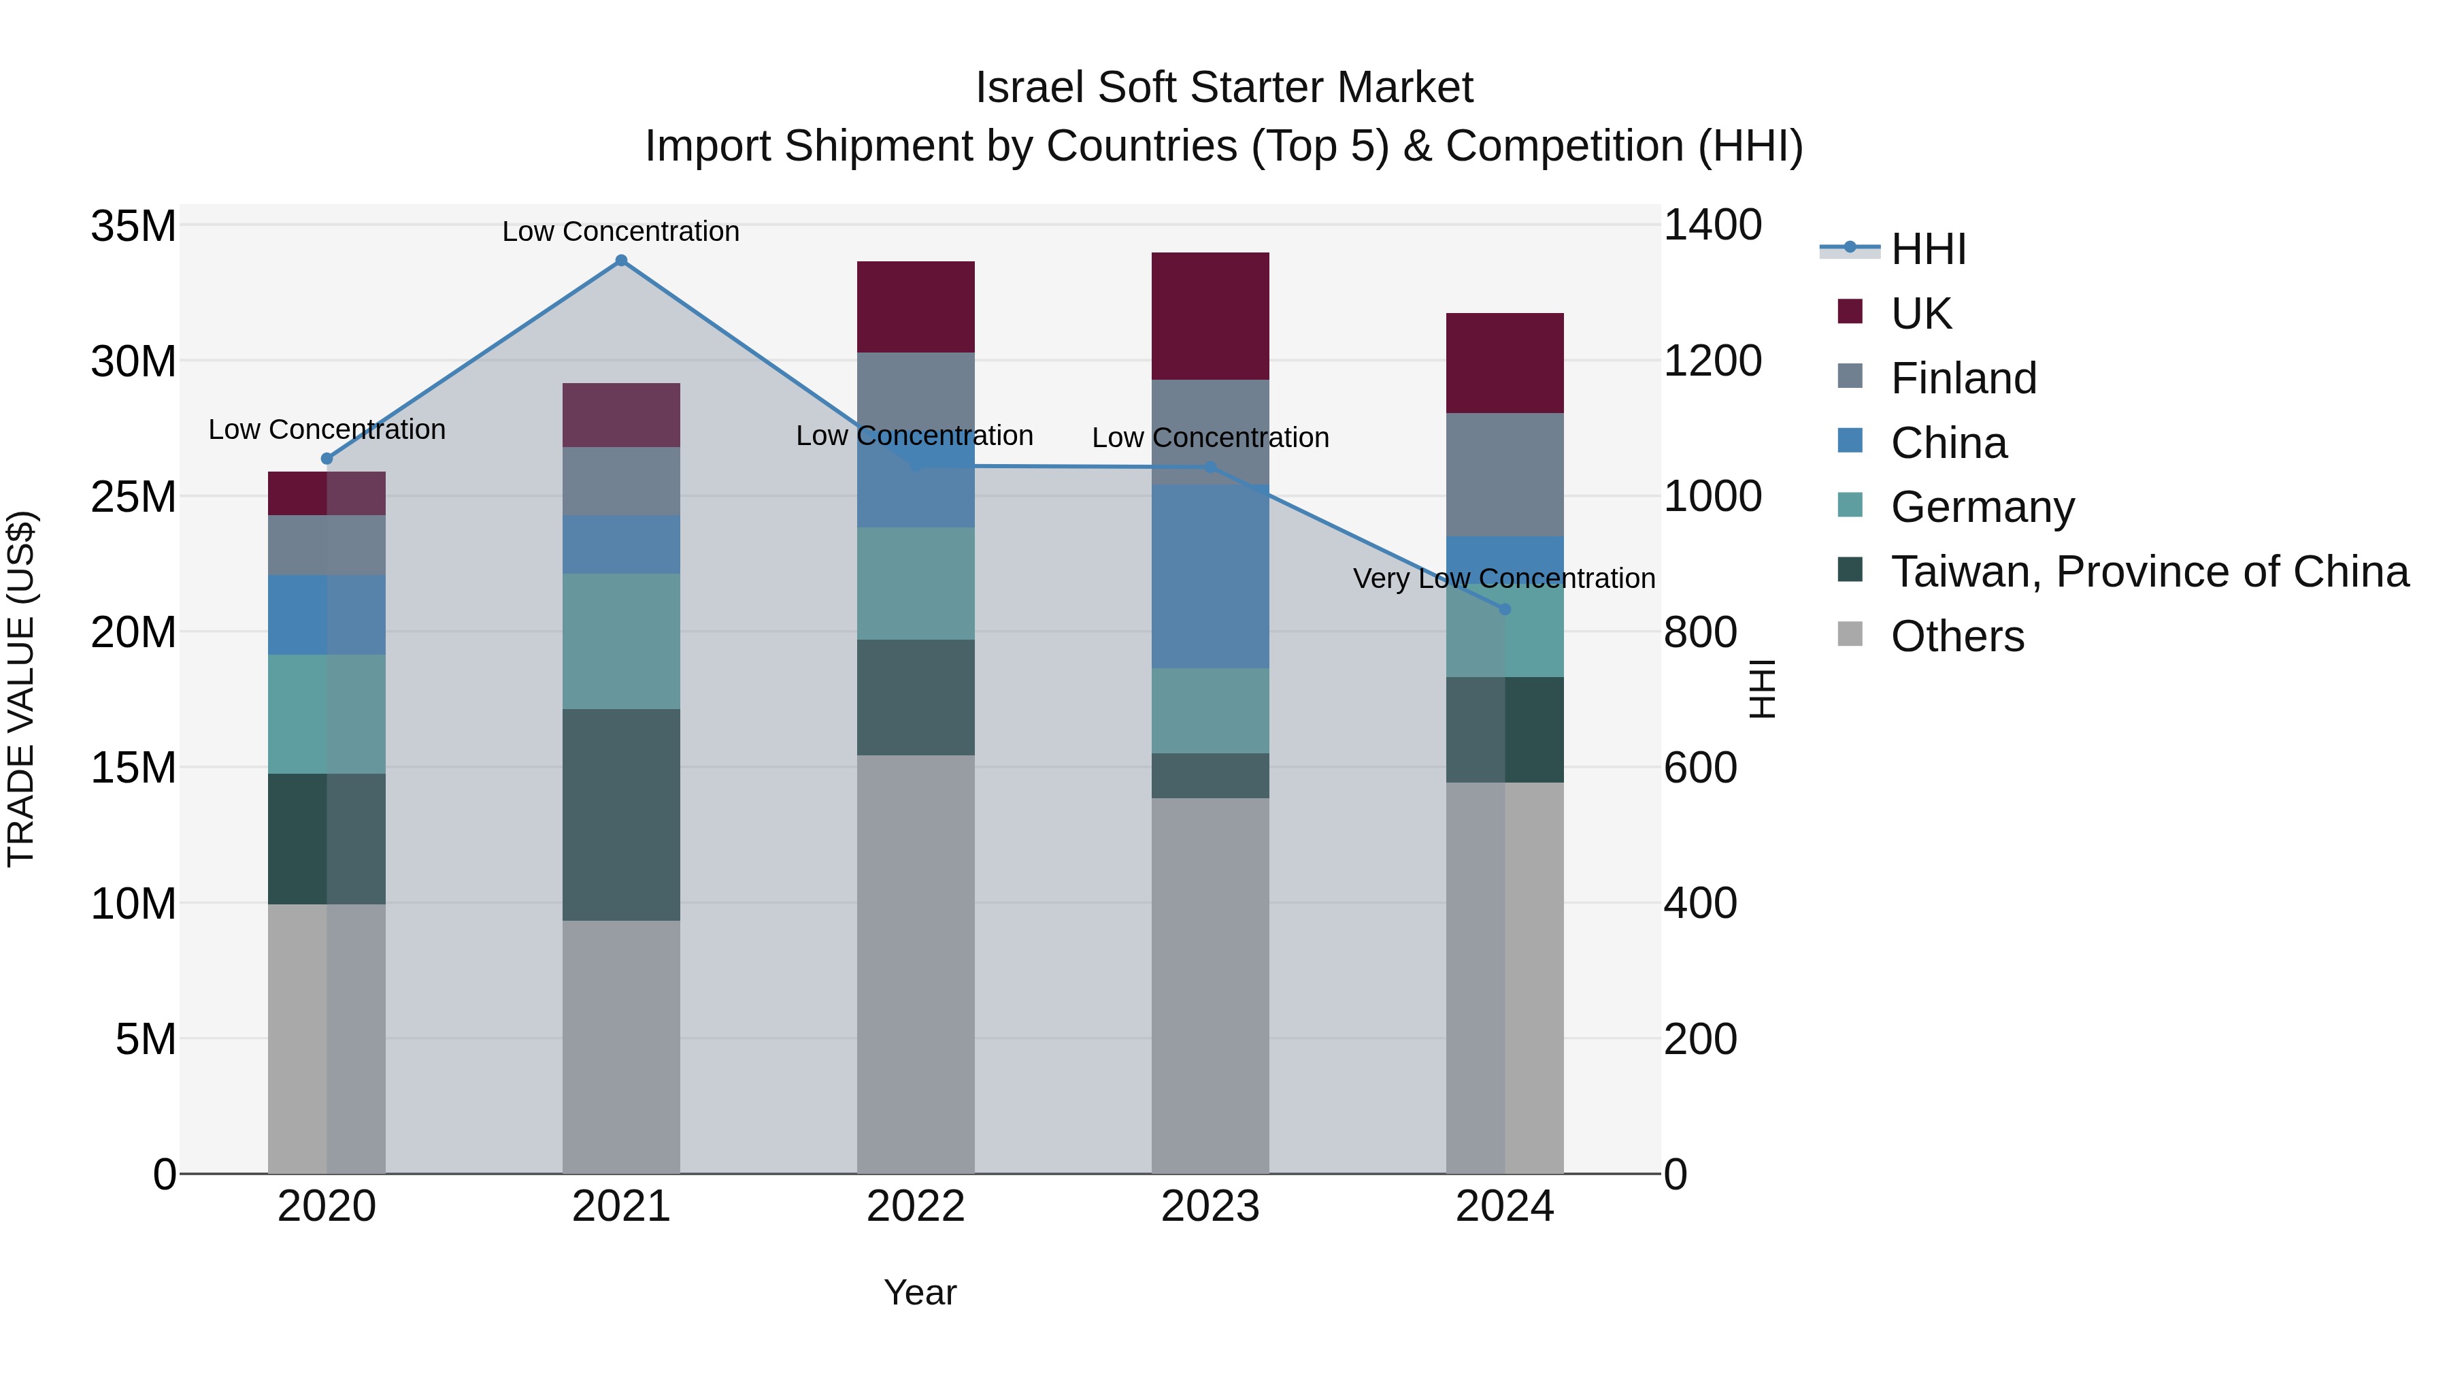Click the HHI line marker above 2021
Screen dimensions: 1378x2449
tap(621, 261)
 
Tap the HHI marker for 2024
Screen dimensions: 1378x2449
tap(1504, 608)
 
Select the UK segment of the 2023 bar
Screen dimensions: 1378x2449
tap(1210, 316)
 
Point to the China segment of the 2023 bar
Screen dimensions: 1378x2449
tap(1210, 576)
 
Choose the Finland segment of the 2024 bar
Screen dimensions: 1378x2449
tap(1504, 474)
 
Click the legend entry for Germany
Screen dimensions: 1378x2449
tap(1982, 507)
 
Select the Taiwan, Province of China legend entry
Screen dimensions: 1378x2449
tap(2148, 572)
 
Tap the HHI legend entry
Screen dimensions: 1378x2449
tap(1928, 249)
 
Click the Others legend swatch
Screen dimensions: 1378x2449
tap(1850, 634)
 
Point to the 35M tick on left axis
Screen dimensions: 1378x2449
tap(133, 227)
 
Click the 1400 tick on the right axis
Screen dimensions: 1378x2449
tap(1712, 227)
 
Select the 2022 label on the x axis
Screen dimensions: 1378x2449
tap(916, 1207)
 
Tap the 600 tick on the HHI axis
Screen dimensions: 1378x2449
tap(1700, 768)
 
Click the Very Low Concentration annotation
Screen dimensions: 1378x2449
tap(1504, 578)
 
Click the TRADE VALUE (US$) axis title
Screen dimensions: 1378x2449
tap(21, 689)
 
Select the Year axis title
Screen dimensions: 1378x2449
tap(919, 1292)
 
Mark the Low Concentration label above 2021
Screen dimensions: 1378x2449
tap(621, 231)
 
